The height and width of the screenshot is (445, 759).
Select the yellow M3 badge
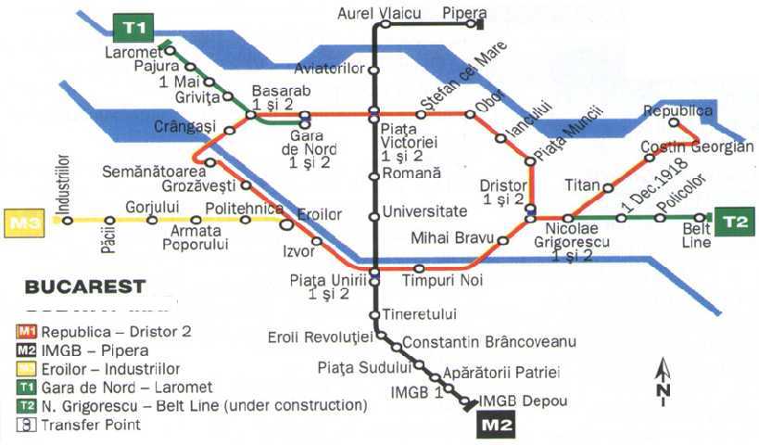[x=25, y=222]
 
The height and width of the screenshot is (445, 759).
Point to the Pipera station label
[x=464, y=12]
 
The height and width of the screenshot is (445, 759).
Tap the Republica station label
[x=679, y=111]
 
